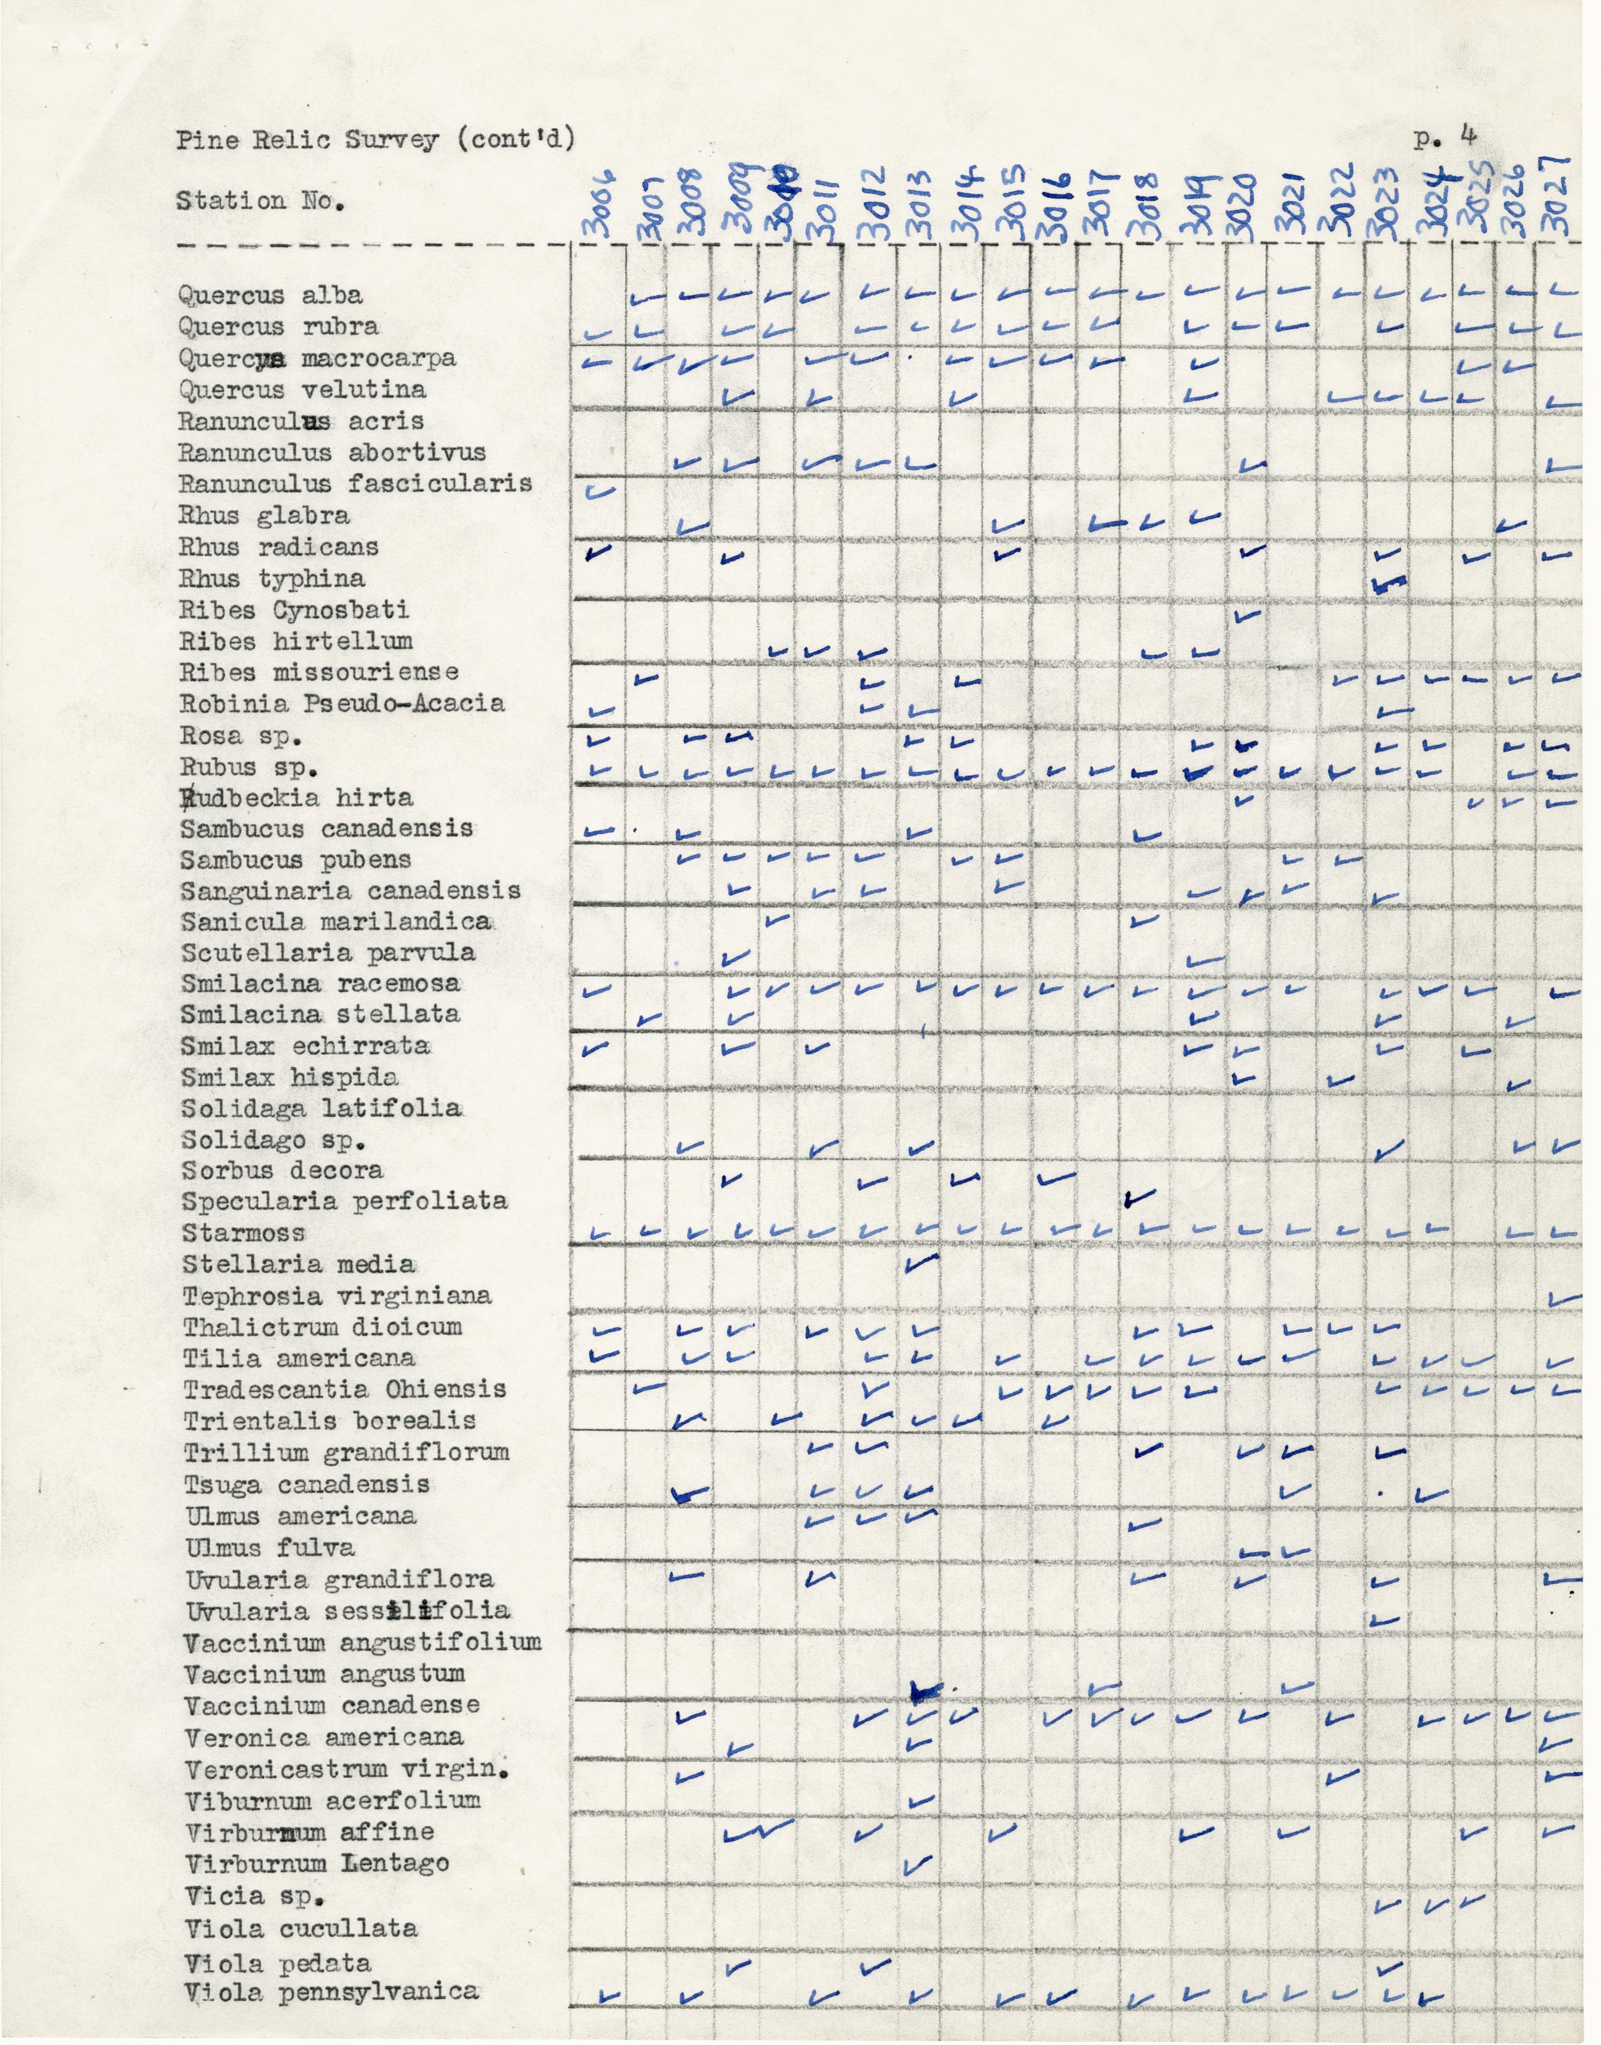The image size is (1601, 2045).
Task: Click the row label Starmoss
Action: [244, 1234]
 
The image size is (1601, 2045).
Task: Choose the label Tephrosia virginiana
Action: [336, 1296]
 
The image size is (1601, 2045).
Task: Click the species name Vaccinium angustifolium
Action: [363, 1642]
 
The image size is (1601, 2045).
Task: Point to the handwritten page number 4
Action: [1468, 134]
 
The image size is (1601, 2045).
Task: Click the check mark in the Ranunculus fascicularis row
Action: [596, 490]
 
